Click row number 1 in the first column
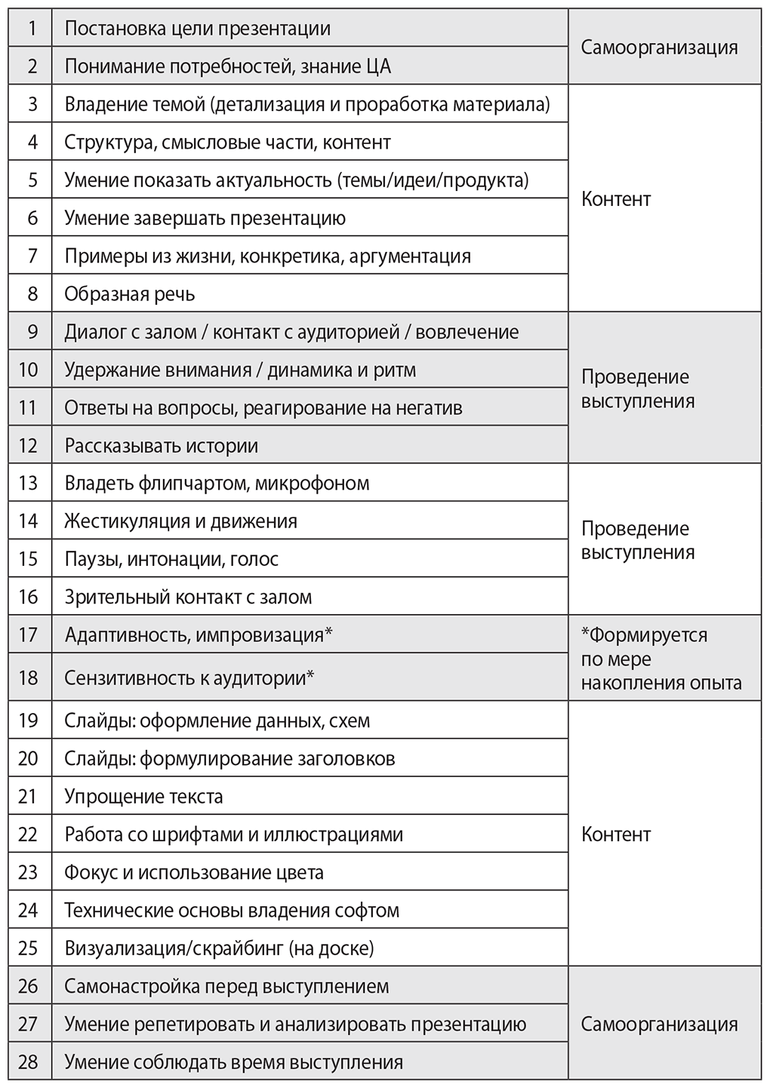pos(32,29)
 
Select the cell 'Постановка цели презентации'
pos(198,29)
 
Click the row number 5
pos(32,180)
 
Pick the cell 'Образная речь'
pos(130,294)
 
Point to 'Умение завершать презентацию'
pos(205,218)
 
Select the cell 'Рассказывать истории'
pos(162,445)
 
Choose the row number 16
pos(28,597)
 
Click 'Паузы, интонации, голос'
pos(171,559)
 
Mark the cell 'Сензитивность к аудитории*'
pos(189,677)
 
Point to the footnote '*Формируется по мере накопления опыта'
pos(661,659)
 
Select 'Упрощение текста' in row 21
pos(143,796)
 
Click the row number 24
pos(28,910)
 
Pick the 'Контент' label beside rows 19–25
pos(616,834)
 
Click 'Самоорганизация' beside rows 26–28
pos(659,1024)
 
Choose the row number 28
pos(28,1062)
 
